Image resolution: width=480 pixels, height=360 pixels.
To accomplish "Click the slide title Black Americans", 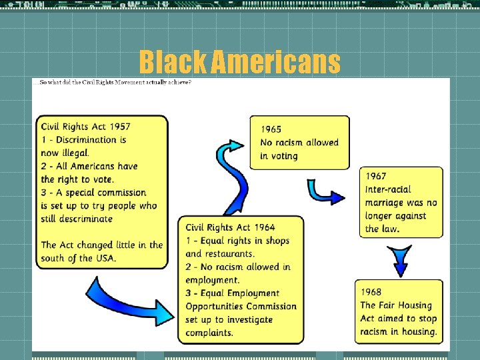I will [x=239, y=63].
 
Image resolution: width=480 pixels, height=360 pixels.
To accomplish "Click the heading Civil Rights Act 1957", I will [x=85, y=127].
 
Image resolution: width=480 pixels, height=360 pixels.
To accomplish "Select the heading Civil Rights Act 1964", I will [x=231, y=228].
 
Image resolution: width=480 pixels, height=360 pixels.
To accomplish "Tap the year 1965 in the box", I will [x=271, y=129].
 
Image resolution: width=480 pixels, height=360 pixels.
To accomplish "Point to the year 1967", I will [x=376, y=176].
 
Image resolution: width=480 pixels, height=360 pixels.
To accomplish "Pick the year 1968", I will [x=371, y=292].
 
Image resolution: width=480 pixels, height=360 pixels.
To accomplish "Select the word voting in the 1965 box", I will [x=284, y=156].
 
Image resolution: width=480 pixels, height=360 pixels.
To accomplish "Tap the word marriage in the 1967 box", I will [x=387, y=203].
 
